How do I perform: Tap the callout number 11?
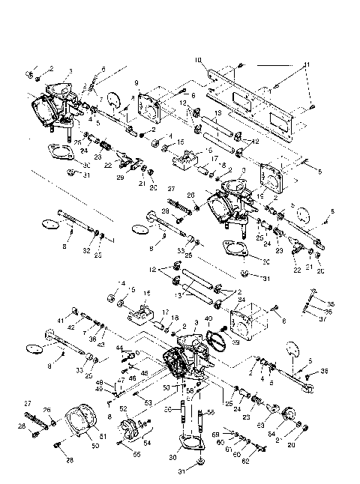306,66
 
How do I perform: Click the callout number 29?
119,178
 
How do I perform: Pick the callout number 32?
88,249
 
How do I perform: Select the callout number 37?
312,318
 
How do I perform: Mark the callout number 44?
118,348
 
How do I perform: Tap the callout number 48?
120,381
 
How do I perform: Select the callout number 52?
123,408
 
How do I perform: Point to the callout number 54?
145,444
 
